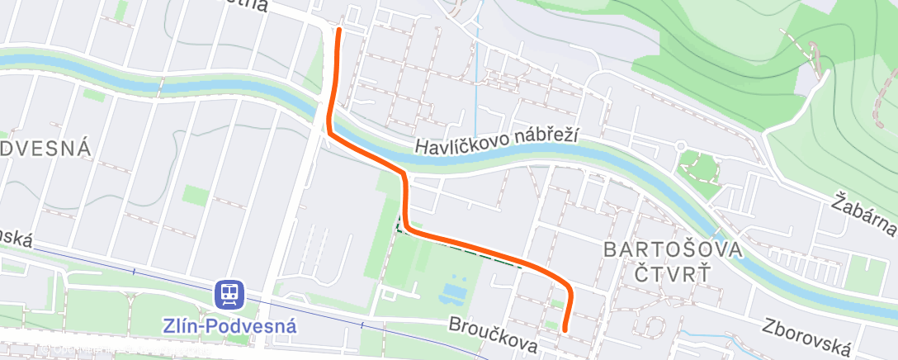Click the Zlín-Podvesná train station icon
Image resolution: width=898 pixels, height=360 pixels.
pyautogui.click(x=229, y=293)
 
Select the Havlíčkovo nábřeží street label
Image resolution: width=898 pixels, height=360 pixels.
pyautogui.click(x=498, y=141)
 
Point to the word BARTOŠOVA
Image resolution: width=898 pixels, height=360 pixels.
pyautogui.click(x=673, y=249)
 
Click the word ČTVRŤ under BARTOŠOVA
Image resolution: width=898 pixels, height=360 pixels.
pyautogui.click(x=673, y=272)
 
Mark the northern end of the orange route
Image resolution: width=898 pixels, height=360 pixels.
pyautogui.click(x=338, y=30)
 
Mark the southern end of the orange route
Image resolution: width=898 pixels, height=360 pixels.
pyautogui.click(x=565, y=329)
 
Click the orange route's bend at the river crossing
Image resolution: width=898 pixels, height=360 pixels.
pyautogui.click(x=329, y=130)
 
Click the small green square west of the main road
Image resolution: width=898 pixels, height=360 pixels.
pyautogui.click(x=196, y=197)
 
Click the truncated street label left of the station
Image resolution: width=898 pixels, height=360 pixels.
pyautogui.click(x=16, y=238)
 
